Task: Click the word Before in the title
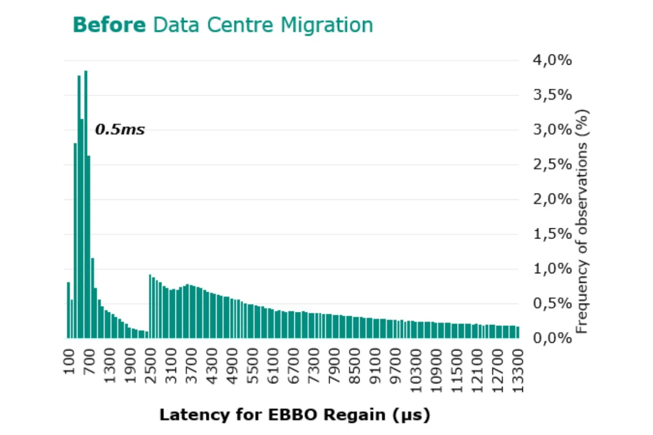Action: point(109,25)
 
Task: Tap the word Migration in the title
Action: point(326,25)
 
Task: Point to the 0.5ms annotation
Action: point(120,130)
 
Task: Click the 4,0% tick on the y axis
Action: point(552,60)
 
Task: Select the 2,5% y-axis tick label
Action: point(552,164)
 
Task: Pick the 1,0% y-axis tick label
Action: point(552,268)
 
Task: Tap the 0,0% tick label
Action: point(552,338)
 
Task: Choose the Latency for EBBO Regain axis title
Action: point(294,415)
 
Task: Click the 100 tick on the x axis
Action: point(69,362)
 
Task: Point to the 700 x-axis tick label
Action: point(89,362)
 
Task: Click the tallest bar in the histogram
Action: point(86,204)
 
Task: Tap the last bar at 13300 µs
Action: point(518,333)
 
